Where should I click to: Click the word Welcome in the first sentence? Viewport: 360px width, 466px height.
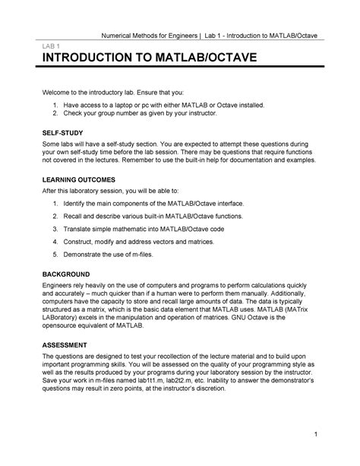59,91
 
